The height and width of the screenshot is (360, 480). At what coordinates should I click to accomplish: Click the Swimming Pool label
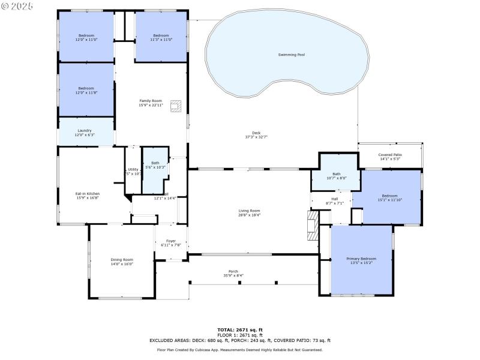pyautogui.click(x=291, y=55)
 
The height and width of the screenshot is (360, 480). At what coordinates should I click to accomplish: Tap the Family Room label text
pyautogui.click(x=151, y=101)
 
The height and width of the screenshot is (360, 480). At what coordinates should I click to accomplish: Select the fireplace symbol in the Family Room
pyautogui.click(x=175, y=106)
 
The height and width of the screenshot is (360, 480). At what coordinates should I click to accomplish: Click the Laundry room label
pyautogui.click(x=85, y=130)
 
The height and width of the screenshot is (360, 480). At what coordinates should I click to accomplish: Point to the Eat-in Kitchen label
pyautogui.click(x=87, y=194)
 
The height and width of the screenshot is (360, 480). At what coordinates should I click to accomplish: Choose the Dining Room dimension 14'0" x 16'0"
pyautogui.click(x=122, y=264)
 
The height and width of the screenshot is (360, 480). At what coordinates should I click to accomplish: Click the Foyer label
pyautogui.click(x=171, y=241)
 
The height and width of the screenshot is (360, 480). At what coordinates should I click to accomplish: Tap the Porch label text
pyautogui.click(x=233, y=271)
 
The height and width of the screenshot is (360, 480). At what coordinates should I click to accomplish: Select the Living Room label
pyautogui.click(x=250, y=211)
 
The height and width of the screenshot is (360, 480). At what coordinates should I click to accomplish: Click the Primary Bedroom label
pyautogui.click(x=361, y=259)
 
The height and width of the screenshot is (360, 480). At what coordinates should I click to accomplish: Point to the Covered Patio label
pyautogui.click(x=390, y=155)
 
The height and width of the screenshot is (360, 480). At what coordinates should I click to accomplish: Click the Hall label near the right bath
pyautogui.click(x=334, y=199)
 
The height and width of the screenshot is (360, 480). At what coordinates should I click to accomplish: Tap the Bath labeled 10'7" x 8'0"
pyautogui.click(x=337, y=178)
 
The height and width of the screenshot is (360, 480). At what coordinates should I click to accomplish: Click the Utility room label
pyautogui.click(x=133, y=170)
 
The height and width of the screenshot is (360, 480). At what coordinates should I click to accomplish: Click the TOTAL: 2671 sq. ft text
pyautogui.click(x=239, y=329)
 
